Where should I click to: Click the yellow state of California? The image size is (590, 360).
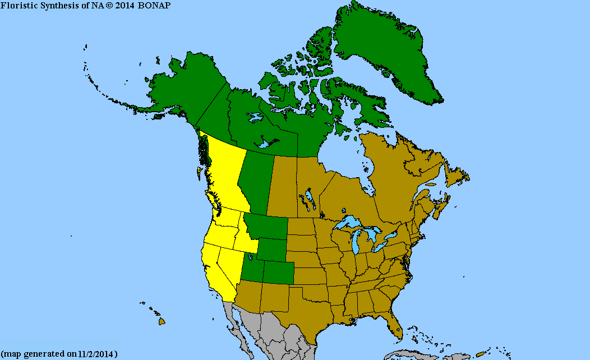click(x=216, y=269)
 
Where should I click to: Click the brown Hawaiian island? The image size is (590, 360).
click(x=162, y=321)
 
